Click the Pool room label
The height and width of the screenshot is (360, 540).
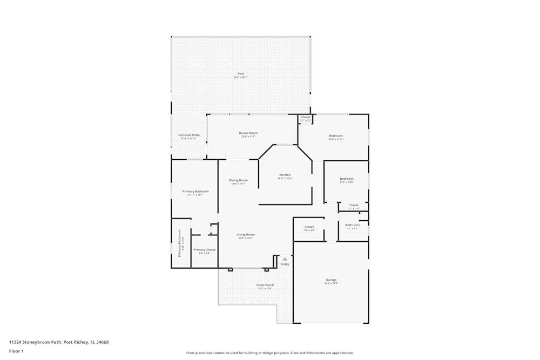pyautogui.click(x=241, y=74)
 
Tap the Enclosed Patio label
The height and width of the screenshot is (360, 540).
pyautogui.click(x=189, y=135)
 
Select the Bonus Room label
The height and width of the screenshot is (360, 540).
pyautogui.click(x=248, y=133)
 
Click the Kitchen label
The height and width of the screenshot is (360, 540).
pyautogui.click(x=285, y=175)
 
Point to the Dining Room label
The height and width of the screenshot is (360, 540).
pyautogui.click(x=238, y=180)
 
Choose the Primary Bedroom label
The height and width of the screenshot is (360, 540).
pyautogui.click(x=195, y=192)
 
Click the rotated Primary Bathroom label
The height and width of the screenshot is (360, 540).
pyautogui.click(x=180, y=242)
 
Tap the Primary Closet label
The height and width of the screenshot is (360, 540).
pyautogui.click(x=204, y=250)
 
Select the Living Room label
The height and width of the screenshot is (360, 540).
pyautogui.click(x=246, y=235)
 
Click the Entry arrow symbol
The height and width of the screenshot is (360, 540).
pyautogui.click(x=285, y=259)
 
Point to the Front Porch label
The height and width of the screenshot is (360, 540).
pyautogui.click(x=265, y=285)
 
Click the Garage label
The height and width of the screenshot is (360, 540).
pyautogui.click(x=331, y=280)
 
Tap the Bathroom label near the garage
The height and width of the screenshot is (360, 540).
pyautogui.click(x=353, y=225)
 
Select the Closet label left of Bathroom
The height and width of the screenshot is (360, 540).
pyautogui.click(x=309, y=227)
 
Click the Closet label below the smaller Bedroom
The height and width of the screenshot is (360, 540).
pyautogui.click(x=354, y=205)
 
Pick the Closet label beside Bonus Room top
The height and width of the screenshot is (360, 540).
pyautogui.click(x=306, y=117)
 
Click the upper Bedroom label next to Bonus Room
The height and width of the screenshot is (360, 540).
pyautogui.click(x=336, y=136)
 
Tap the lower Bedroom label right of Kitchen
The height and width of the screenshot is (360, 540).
pyautogui.click(x=347, y=179)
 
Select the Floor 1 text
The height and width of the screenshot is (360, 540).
pyautogui.click(x=17, y=351)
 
